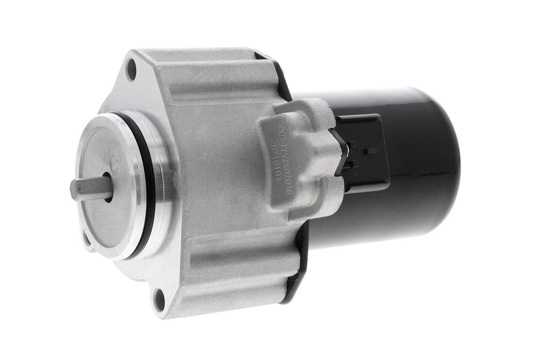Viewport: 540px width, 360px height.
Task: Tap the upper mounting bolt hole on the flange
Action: [x=131, y=69]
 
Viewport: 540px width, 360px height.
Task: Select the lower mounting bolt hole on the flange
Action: [x=159, y=299]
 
